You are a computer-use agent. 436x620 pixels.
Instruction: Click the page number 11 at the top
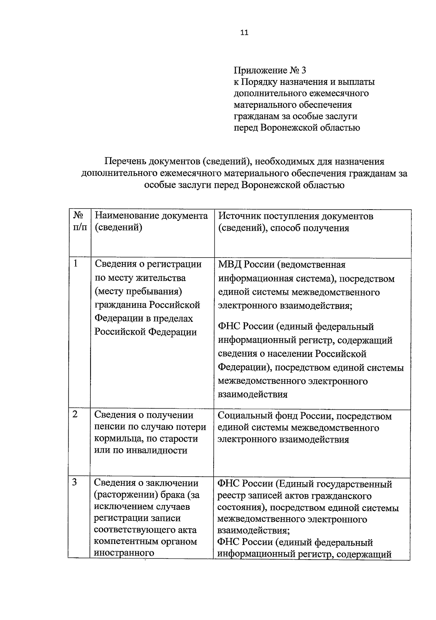244,33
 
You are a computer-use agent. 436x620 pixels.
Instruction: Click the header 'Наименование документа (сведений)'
151,222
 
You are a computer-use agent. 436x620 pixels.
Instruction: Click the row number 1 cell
76,264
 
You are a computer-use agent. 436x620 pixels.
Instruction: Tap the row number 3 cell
74,482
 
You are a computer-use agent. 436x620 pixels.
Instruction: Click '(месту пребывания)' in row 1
138,291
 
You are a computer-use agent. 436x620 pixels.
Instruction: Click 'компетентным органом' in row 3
145,541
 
